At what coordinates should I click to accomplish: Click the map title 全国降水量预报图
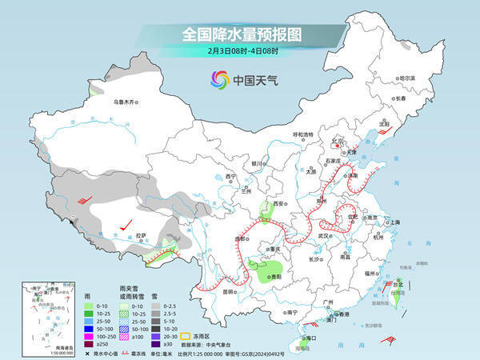(x=240, y=35)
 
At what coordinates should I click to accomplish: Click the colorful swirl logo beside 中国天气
(x=219, y=80)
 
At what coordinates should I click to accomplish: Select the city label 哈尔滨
(x=407, y=78)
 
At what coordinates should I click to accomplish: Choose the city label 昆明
(x=228, y=291)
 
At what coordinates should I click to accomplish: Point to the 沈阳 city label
(x=384, y=124)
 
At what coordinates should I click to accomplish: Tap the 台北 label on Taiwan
(x=398, y=283)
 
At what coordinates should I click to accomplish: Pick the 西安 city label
(x=279, y=205)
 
